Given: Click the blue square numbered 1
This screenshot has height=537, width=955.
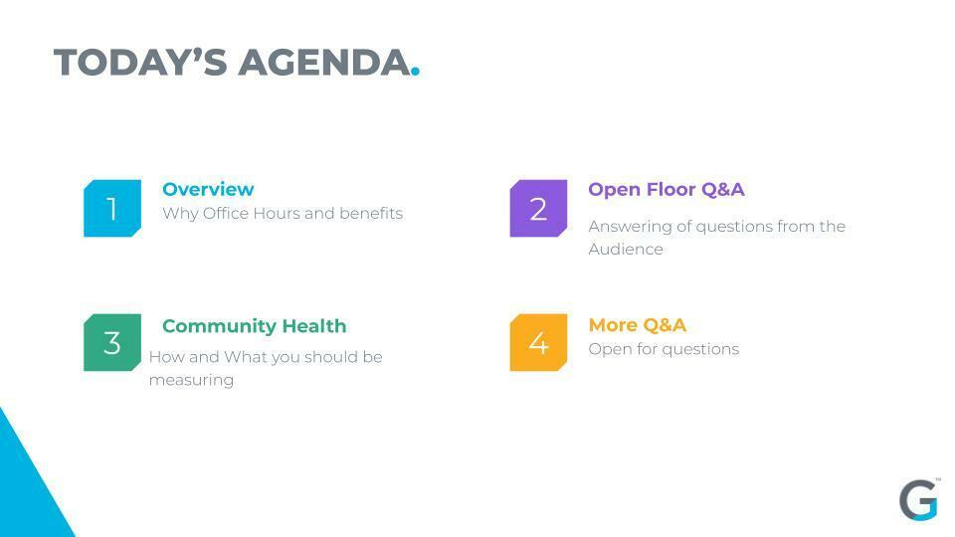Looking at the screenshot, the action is click(x=112, y=208).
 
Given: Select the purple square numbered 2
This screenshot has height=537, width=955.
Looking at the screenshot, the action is click(x=538, y=208).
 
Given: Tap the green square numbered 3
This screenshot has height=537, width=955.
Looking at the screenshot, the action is click(x=112, y=342).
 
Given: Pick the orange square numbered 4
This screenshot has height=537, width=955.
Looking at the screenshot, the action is click(x=538, y=342).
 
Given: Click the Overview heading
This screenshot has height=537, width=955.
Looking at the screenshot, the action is click(x=208, y=189).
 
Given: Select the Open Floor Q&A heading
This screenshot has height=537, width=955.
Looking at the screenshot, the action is click(x=667, y=189).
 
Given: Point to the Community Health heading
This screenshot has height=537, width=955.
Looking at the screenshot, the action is click(x=254, y=326).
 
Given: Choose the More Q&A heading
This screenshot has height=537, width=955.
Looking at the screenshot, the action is click(x=637, y=325).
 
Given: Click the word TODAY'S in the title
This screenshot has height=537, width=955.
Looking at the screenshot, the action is click(x=140, y=63).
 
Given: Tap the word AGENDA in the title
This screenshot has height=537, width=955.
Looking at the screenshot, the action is click(x=324, y=63).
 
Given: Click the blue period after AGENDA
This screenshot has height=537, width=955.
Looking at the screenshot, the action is click(x=416, y=72).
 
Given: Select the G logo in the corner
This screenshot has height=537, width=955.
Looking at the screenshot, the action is click(x=919, y=500).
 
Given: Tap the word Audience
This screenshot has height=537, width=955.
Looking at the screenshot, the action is click(x=626, y=249).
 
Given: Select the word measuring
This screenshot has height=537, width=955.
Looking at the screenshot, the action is click(x=191, y=381).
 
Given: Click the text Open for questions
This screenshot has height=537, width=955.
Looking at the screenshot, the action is click(x=664, y=349).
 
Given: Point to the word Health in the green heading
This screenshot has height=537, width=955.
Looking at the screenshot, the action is click(x=314, y=326).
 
